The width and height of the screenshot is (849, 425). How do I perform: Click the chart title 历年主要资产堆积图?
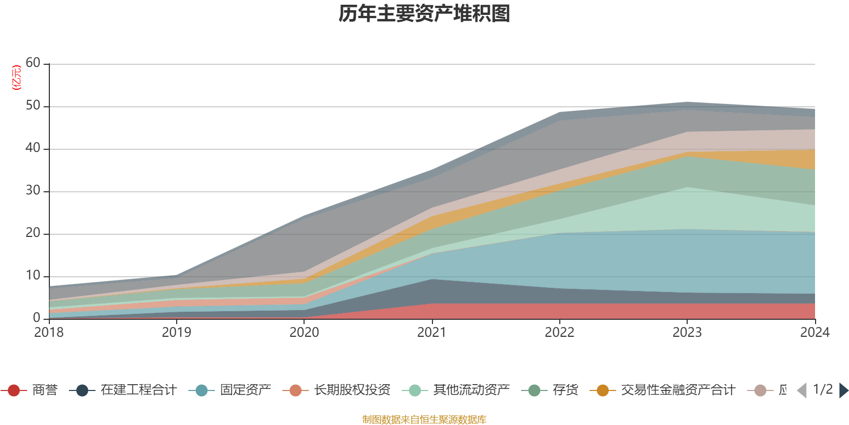[x=424, y=14]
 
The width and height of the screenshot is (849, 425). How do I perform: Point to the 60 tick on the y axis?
[x=33, y=63]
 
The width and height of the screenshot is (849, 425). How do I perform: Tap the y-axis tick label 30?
[x=33, y=190]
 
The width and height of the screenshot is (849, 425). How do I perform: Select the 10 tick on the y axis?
[x=33, y=275]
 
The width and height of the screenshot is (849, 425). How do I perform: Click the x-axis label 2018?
[x=49, y=333]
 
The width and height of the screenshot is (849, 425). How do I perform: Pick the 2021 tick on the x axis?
[x=432, y=333]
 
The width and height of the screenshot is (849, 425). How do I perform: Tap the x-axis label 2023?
[x=687, y=333]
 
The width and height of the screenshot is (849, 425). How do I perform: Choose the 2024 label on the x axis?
[x=815, y=333]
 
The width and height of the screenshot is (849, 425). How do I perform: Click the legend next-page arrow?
[x=843, y=390]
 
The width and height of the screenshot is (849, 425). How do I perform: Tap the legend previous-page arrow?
[x=802, y=390]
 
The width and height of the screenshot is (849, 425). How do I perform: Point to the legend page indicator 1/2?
[x=822, y=389]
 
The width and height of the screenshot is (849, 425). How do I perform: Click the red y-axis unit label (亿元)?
[x=16, y=78]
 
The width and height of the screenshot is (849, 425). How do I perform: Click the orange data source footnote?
[x=424, y=420]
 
